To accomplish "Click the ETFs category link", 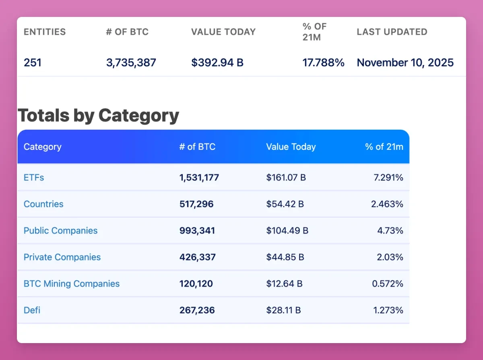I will click(x=34, y=177).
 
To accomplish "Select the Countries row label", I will click(x=43, y=204).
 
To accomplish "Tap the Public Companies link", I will click(x=60, y=230).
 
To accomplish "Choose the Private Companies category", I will click(x=62, y=257).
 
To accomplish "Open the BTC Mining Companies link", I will click(x=72, y=283).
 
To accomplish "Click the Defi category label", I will click(x=32, y=310).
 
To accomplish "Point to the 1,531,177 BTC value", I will click(x=199, y=177).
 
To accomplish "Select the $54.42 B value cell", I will click(x=285, y=204).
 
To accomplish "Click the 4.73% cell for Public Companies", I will click(x=390, y=230).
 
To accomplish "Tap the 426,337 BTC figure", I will click(x=197, y=257).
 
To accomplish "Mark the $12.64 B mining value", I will click(x=284, y=283).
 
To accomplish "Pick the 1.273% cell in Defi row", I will click(x=387, y=310).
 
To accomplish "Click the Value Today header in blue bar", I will click(x=291, y=147).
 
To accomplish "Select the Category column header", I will click(x=42, y=147).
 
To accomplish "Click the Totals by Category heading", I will click(x=98, y=116).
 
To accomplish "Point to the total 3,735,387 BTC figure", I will click(x=131, y=63).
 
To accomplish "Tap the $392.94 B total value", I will click(x=217, y=63).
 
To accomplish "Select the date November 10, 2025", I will click(x=405, y=63).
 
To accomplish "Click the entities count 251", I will click(x=32, y=63).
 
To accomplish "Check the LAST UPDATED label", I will click(x=392, y=32).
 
